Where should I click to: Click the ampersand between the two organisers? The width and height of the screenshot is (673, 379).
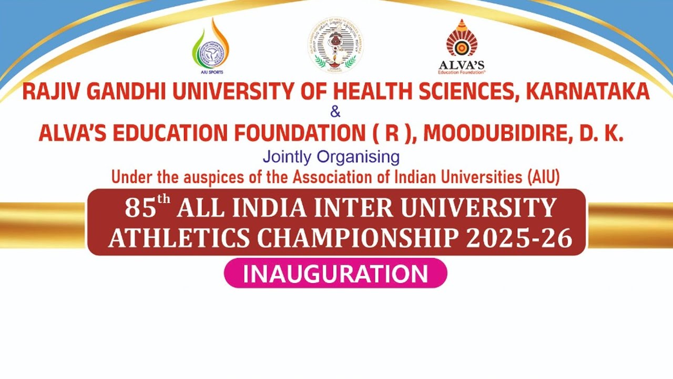point(335,112)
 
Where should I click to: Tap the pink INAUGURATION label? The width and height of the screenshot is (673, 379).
point(335,274)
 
